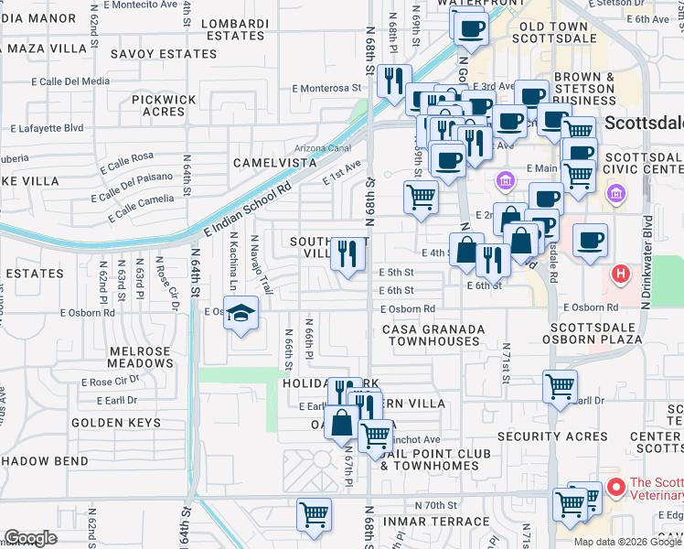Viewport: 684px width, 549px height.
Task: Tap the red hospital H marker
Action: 621,273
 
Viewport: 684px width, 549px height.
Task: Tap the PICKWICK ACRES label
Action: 164,104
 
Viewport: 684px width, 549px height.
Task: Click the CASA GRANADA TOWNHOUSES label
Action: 433,334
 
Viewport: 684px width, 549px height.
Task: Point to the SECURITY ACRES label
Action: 546,436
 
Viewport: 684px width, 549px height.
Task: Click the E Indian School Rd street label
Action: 248,210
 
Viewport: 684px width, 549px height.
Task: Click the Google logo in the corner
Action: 31,538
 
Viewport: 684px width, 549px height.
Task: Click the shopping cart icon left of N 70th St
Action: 314,514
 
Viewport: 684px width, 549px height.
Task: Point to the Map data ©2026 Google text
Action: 627,541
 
